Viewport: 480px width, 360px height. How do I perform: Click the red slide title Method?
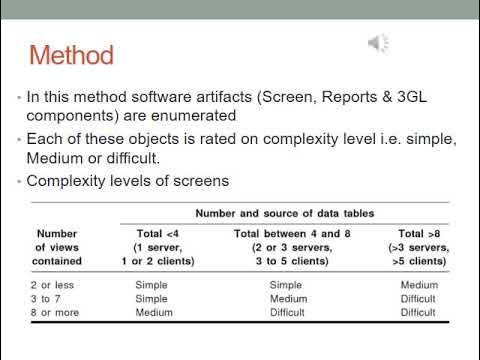click(71, 53)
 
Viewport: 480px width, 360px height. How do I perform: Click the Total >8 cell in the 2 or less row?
click(417, 284)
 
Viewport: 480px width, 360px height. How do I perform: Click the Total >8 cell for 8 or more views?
click(417, 311)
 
